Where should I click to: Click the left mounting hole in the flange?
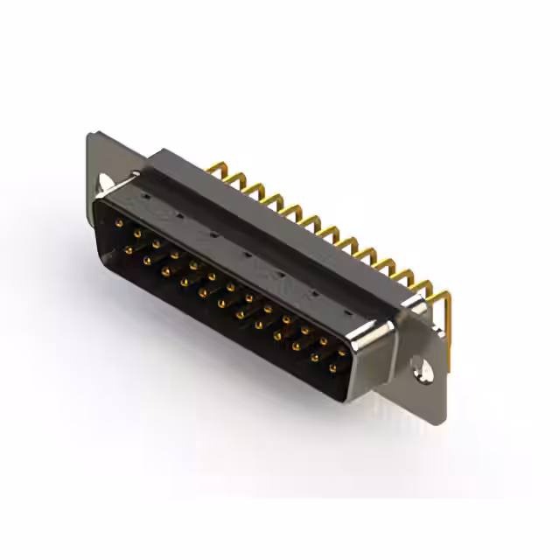(106, 182)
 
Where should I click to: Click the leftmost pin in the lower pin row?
(128, 249)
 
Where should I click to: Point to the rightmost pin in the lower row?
(332, 371)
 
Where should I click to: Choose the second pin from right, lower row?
(314, 360)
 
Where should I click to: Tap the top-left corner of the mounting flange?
(92, 136)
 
